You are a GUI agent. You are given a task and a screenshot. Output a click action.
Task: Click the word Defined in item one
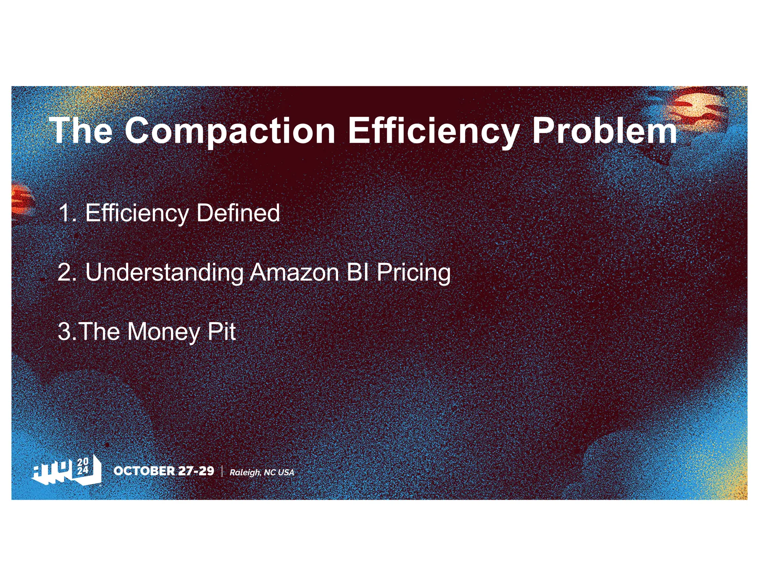(238, 213)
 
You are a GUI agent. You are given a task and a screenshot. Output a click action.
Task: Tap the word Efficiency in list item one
(137, 213)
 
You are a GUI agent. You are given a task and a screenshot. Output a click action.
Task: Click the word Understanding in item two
(164, 272)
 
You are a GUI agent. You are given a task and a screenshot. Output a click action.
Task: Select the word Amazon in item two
(295, 272)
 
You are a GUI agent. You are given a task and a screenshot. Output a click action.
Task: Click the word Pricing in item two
(413, 272)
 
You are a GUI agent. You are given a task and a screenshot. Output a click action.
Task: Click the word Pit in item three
(221, 332)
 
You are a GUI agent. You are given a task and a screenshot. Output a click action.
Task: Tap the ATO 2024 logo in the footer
(67, 470)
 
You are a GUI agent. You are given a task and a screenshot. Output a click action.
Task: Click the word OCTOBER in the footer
(144, 471)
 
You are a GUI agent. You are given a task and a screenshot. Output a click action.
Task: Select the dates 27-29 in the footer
(196, 471)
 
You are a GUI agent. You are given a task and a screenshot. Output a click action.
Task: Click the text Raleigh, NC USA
(262, 472)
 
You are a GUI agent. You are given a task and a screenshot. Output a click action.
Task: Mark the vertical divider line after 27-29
(222, 471)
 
